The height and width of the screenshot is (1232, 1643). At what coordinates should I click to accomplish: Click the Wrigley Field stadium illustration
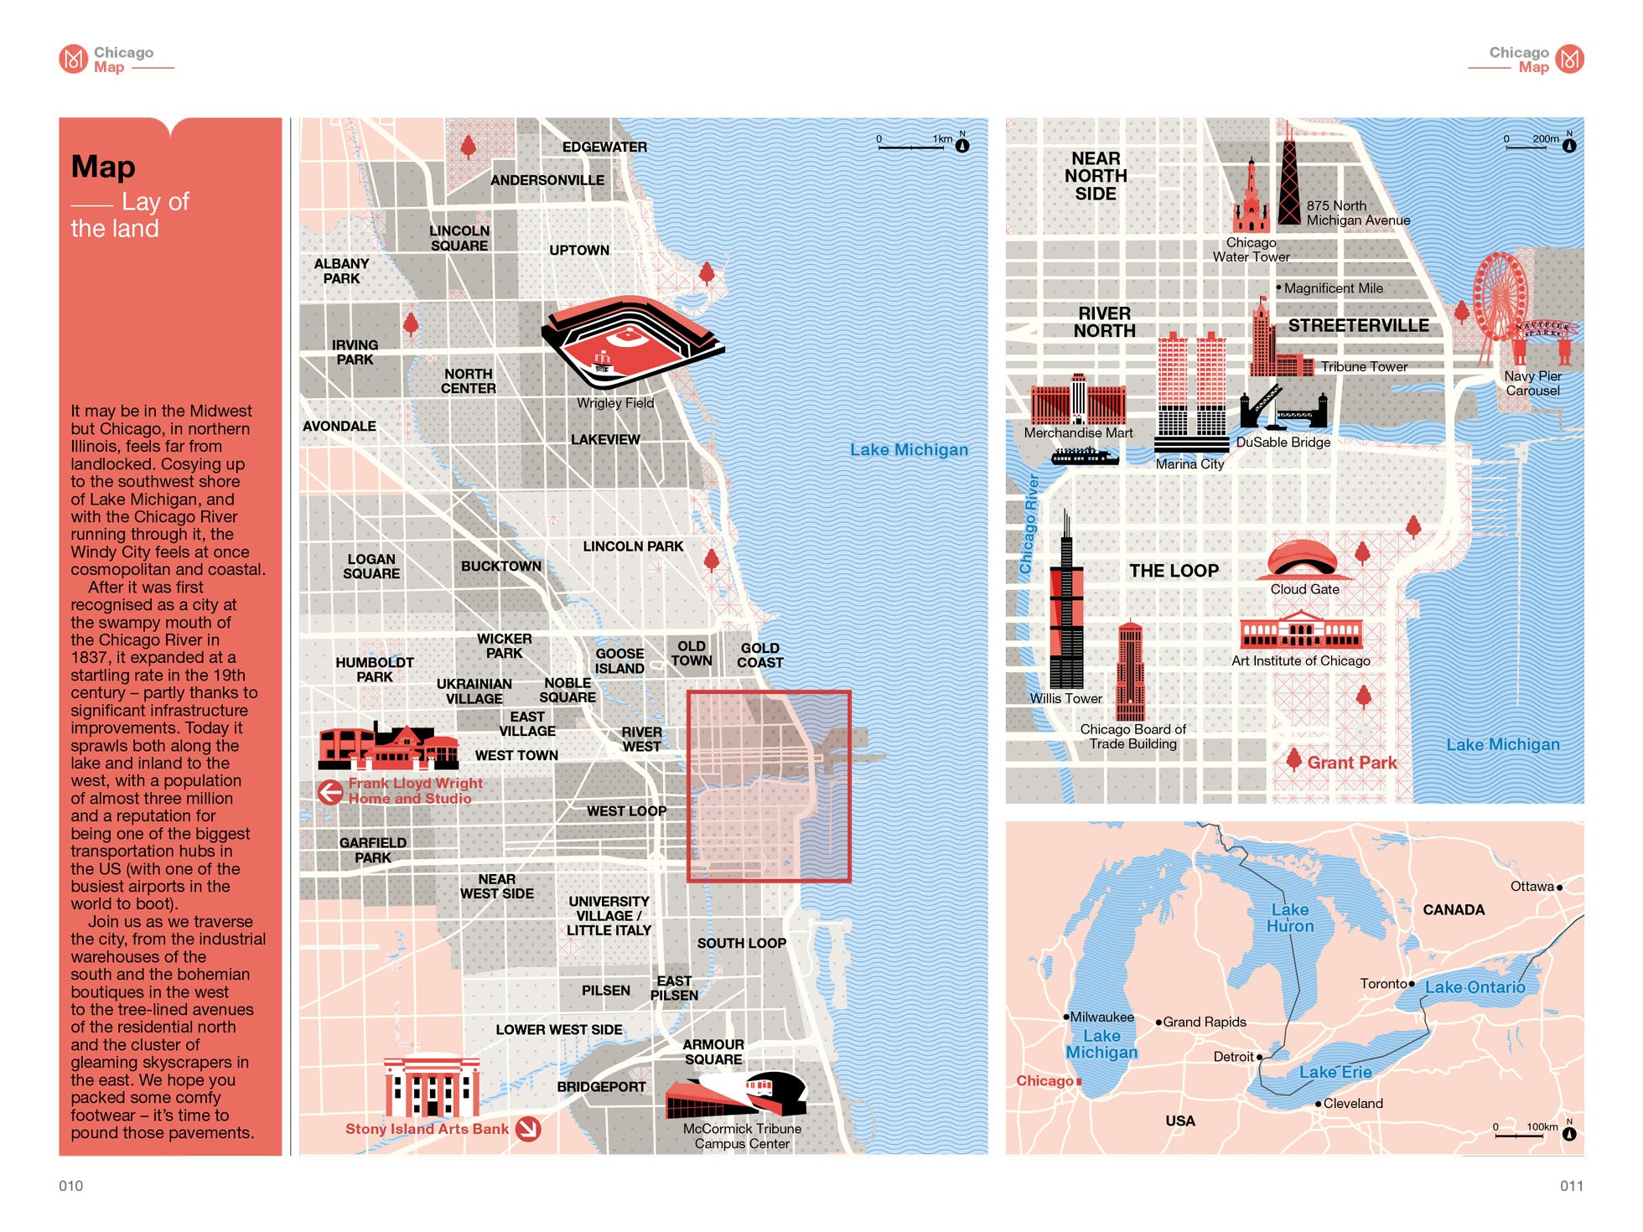(x=630, y=342)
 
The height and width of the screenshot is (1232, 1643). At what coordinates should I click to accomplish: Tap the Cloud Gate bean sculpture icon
(x=1304, y=559)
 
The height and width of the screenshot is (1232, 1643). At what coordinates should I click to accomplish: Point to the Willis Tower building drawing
(x=1066, y=612)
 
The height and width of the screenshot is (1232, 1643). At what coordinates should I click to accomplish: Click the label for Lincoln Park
(x=633, y=546)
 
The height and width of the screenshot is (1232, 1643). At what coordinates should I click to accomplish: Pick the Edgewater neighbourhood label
(x=604, y=148)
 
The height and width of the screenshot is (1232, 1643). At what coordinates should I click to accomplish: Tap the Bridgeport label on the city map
(x=601, y=1087)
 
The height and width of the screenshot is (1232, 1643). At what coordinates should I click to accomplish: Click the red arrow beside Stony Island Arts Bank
(x=528, y=1129)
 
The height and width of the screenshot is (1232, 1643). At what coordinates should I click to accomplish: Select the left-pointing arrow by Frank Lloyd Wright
(x=330, y=791)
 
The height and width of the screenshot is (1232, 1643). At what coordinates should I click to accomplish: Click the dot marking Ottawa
(x=1559, y=887)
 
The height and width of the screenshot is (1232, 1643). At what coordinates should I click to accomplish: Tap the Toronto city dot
(x=1412, y=984)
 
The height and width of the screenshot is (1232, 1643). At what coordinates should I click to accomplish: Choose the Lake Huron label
(x=1290, y=918)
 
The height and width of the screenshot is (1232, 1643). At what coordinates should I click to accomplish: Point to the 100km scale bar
(x=1519, y=1136)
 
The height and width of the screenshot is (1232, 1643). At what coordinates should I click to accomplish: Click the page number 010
(x=71, y=1186)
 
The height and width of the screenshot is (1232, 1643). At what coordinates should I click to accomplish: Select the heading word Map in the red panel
(x=103, y=167)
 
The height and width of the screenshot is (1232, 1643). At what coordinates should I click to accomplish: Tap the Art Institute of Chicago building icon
(x=1301, y=630)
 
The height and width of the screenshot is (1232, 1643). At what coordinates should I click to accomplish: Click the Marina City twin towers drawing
(x=1191, y=394)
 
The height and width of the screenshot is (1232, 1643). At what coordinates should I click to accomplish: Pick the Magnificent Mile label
(x=1333, y=288)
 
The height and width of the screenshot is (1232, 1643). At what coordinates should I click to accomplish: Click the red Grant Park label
(x=1351, y=763)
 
